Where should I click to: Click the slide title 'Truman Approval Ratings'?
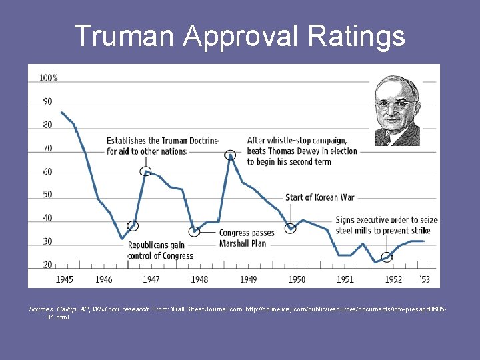(x=239, y=36)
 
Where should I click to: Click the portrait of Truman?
(x=397, y=111)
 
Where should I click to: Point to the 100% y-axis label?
(x=49, y=78)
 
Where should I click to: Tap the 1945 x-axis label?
(x=65, y=279)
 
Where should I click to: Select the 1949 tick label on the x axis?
(x=248, y=279)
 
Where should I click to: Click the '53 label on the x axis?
(x=425, y=279)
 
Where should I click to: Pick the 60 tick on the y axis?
(x=48, y=171)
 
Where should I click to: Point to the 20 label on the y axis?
(x=48, y=265)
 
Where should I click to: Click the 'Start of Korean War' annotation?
(x=319, y=197)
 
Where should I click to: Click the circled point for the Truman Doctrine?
(x=145, y=171)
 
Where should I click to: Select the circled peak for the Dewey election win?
(x=231, y=155)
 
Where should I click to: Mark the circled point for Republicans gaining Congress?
(x=133, y=226)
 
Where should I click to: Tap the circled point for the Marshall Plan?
(x=195, y=231)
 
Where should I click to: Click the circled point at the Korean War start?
(x=290, y=229)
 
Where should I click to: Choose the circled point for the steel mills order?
(x=387, y=257)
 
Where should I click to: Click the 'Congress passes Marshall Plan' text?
(x=246, y=238)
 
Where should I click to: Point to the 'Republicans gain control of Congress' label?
(x=161, y=251)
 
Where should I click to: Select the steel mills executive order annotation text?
(x=386, y=225)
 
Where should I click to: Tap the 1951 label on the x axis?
(x=345, y=279)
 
